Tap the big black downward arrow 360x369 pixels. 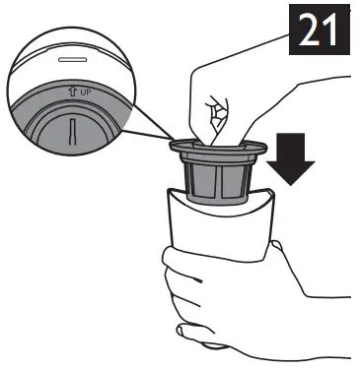pos(291,158)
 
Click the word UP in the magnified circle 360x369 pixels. pos(85,92)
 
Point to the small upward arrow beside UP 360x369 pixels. pos(72,92)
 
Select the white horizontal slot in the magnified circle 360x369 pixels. pos(72,60)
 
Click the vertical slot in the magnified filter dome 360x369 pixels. pos(72,132)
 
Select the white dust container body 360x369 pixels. pos(220,226)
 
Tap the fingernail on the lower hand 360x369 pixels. pos(181,331)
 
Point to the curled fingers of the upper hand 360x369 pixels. pos(217,115)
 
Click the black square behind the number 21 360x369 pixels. pos(320,30)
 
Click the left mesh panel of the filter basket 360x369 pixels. pos(202,180)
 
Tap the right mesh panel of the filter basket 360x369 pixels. pos(233,180)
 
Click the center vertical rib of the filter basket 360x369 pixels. pos(218,181)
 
